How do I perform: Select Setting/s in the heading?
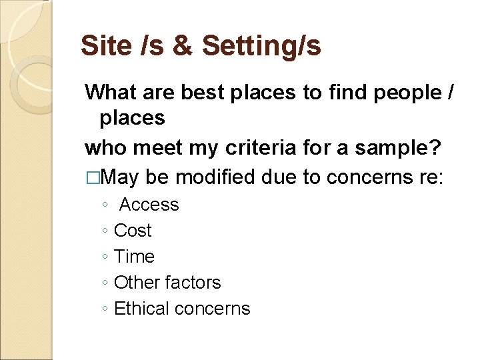point(261,46)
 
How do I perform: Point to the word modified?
point(214,177)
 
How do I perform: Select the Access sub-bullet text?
point(149,205)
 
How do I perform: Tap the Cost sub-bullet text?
point(133,231)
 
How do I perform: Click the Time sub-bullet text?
point(134,257)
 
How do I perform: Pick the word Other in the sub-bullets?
point(136,283)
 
